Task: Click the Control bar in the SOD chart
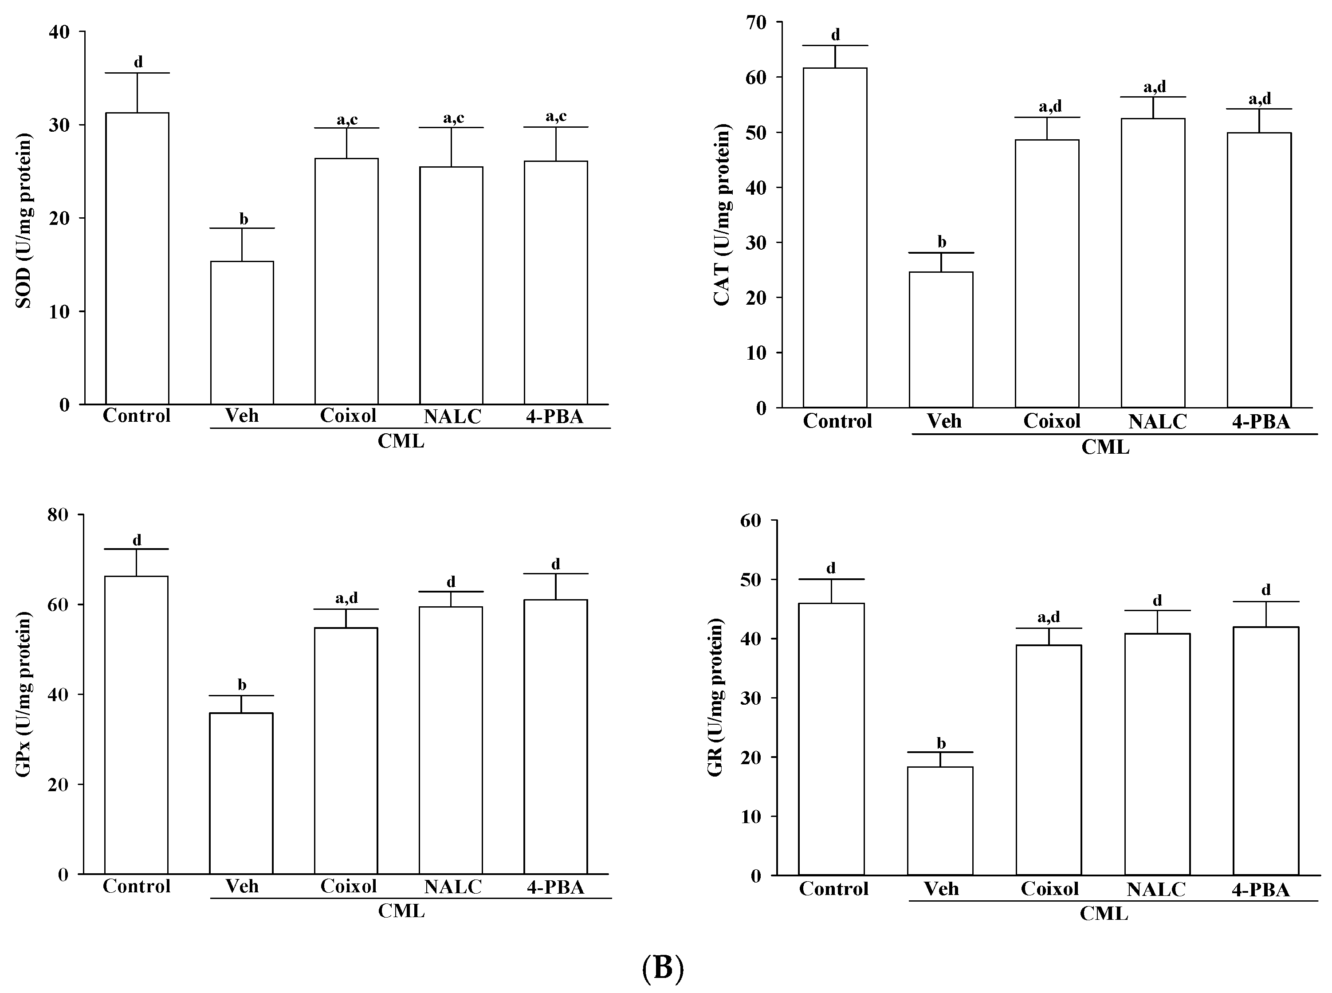(x=137, y=259)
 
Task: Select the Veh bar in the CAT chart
(x=941, y=340)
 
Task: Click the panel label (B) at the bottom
(x=662, y=968)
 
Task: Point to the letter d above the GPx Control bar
(x=137, y=539)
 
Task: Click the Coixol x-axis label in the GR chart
(x=1049, y=888)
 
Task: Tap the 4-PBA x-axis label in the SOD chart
(x=554, y=416)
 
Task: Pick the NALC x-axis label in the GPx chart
(x=452, y=887)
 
